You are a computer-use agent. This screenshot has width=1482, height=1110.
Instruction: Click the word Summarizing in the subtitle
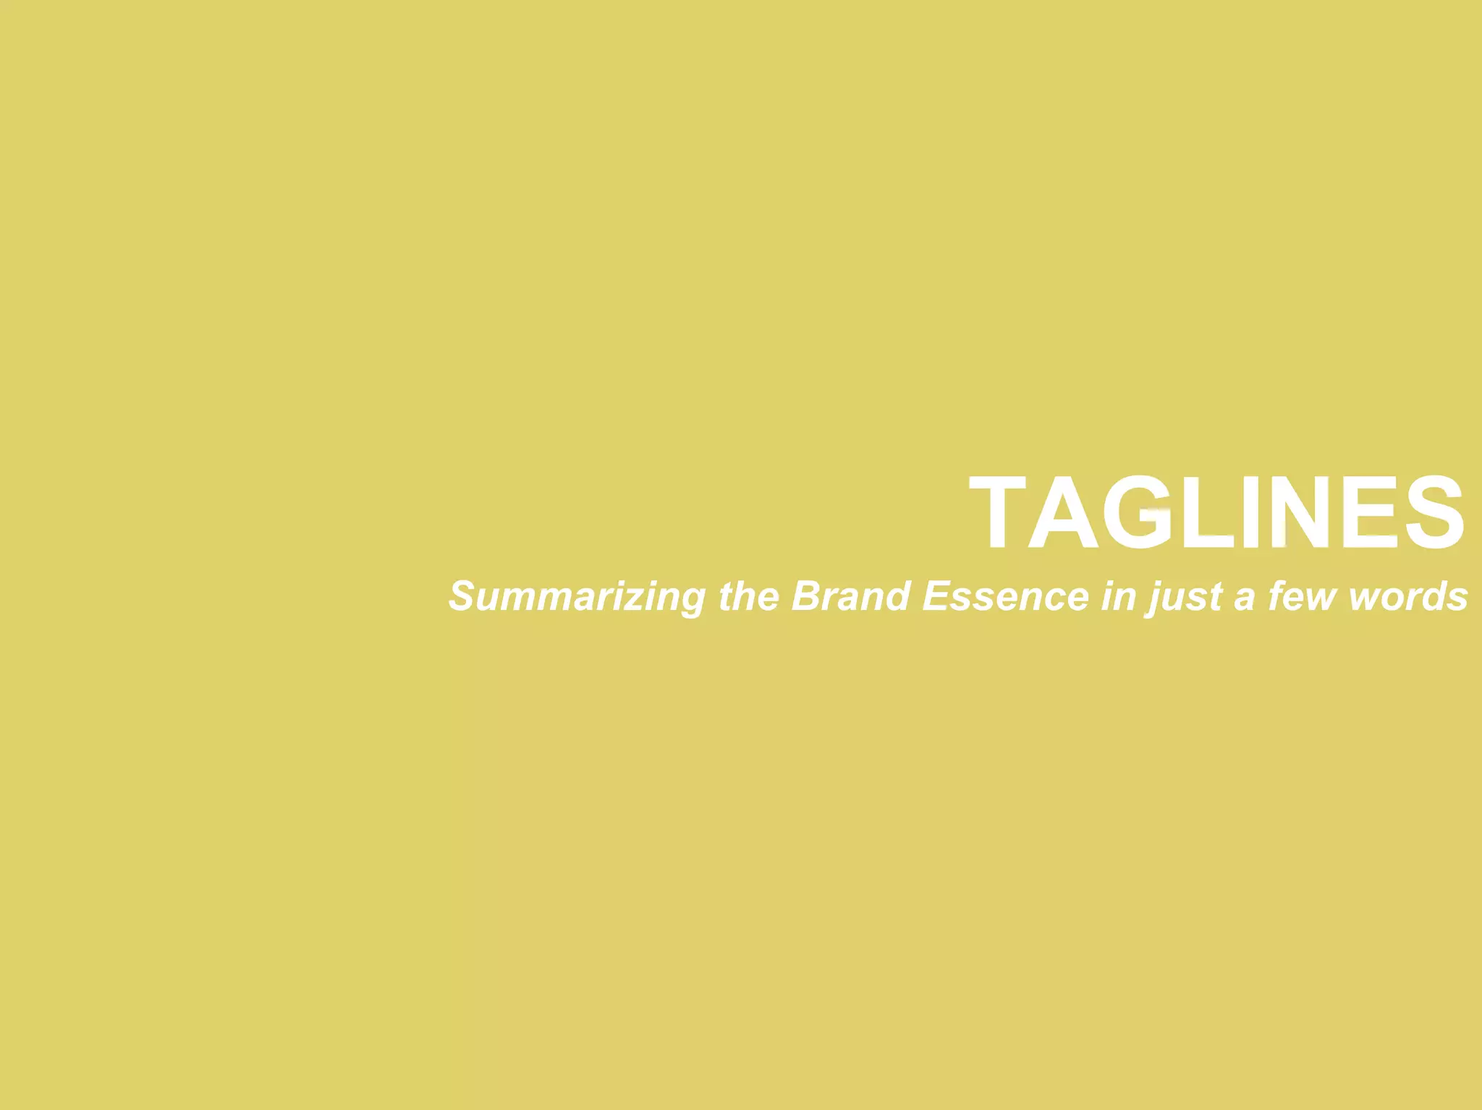[x=577, y=598]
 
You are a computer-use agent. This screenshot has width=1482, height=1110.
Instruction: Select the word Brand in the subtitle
[x=850, y=596]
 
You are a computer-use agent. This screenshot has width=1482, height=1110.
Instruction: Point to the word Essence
[x=1006, y=596]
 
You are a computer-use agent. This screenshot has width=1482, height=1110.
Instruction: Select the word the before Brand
[x=749, y=596]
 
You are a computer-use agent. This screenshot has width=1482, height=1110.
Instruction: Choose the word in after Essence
[x=1118, y=596]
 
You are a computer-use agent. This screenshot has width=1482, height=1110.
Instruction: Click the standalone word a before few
[x=1244, y=598]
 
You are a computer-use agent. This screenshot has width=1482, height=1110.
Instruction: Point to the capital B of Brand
[x=805, y=596]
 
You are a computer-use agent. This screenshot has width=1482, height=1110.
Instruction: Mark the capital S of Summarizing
[x=462, y=596]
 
